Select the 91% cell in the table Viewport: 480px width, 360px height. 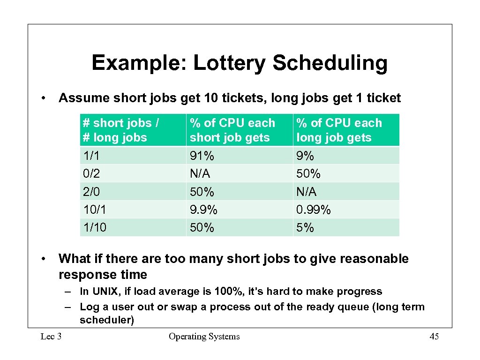point(199,156)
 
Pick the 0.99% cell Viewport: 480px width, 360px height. point(313,210)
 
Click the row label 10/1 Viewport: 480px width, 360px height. point(94,210)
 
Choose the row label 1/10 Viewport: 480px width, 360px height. point(94,228)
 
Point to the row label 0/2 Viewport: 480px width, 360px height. point(91,174)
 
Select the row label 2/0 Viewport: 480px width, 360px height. point(91,192)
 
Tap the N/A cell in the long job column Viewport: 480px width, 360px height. point(306,192)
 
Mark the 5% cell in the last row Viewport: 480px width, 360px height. point(305,228)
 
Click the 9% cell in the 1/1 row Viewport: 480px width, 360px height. point(305,156)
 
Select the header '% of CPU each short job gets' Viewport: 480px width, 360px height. point(232,130)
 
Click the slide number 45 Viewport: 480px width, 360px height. point(434,337)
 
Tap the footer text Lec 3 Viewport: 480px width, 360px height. point(52,337)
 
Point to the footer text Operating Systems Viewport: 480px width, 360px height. point(204,337)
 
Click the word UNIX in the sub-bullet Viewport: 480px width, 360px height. point(104,292)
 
